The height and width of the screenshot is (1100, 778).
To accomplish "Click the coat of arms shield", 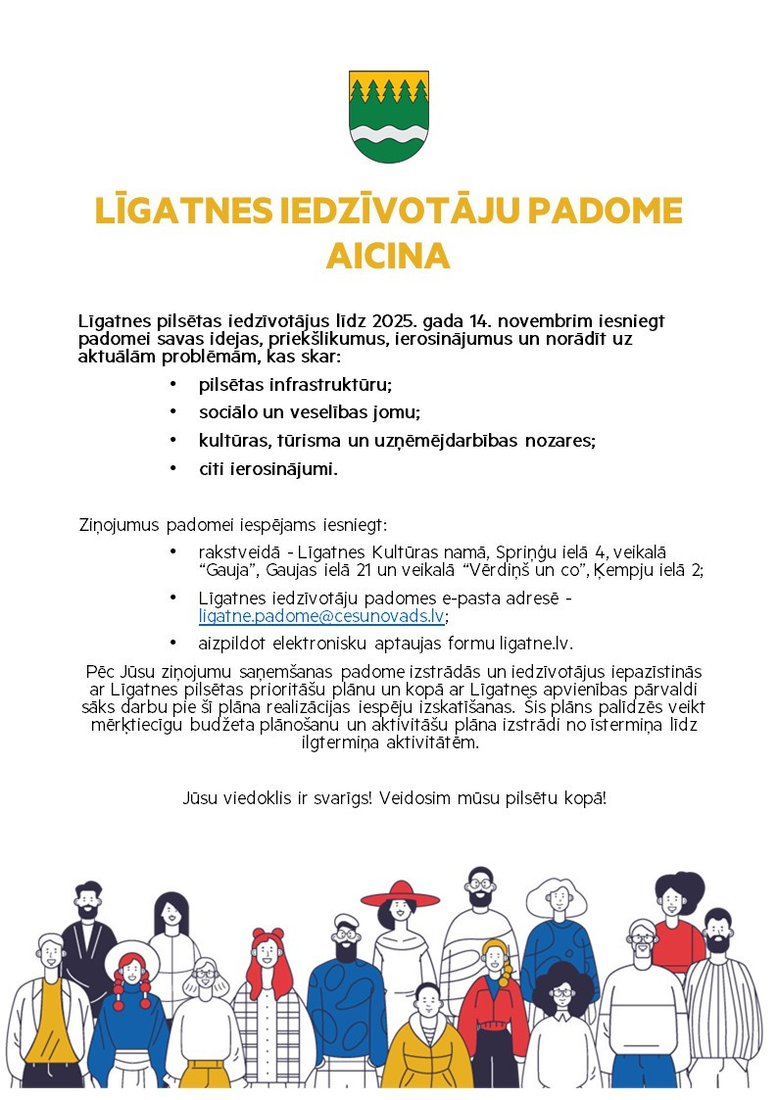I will pyautogui.click(x=389, y=117).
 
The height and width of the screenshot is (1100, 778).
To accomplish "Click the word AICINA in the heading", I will pyautogui.click(x=388, y=257).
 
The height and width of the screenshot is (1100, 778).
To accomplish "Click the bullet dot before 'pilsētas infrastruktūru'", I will pyautogui.click(x=173, y=384).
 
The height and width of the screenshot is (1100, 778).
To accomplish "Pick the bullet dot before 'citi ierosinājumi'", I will pyautogui.click(x=173, y=469).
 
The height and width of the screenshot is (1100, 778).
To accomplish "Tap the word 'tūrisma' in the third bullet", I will pyautogui.click(x=306, y=441).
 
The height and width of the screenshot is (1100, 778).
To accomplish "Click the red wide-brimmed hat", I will pyautogui.click(x=401, y=896).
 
